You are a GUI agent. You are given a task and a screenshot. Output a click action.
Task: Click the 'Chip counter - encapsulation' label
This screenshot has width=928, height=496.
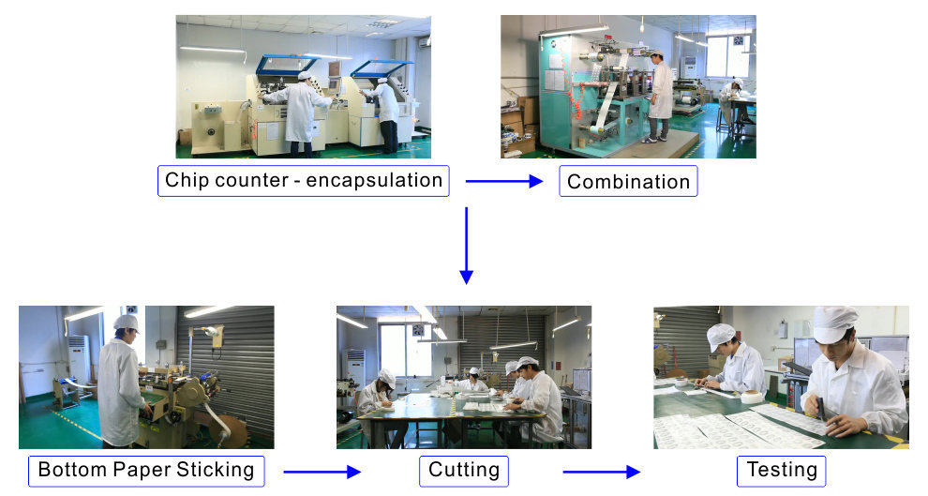[304, 181]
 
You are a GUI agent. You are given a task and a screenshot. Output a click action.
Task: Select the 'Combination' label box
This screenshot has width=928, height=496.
[629, 181]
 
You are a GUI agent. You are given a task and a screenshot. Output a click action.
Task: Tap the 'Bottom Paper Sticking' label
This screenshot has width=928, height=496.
[146, 471]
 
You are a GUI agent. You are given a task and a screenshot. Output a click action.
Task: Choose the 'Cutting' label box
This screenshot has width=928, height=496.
[464, 471]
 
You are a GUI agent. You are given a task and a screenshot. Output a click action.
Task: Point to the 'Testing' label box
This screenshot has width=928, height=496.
[781, 471]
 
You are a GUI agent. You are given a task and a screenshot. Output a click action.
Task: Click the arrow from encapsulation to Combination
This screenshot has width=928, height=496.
[504, 181]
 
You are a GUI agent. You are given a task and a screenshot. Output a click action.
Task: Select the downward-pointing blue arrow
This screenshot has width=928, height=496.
[467, 246]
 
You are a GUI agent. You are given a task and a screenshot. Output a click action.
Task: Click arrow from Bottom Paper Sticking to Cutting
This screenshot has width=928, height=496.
[322, 472]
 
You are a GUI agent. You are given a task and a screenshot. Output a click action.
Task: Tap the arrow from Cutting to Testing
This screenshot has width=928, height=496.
[601, 472]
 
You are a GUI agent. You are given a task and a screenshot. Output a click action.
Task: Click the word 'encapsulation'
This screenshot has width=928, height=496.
[374, 180]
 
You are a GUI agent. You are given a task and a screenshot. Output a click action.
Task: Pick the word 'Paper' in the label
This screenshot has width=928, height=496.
[142, 470]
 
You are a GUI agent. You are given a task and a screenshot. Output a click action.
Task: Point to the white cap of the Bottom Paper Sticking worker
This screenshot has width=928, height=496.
[126, 323]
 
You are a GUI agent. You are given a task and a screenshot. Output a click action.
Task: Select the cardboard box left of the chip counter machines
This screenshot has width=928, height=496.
[185, 137]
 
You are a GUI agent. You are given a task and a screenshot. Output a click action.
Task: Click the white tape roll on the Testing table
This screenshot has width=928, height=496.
[752, 397]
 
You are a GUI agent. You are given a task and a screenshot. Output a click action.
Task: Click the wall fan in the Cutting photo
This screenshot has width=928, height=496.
[418, 330]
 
